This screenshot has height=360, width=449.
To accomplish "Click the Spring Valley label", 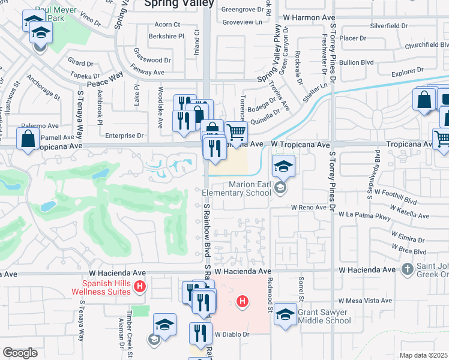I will pos(179,4).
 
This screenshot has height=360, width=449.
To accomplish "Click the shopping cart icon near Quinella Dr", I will pos(237,131).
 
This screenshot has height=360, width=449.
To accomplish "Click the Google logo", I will pos(20,353).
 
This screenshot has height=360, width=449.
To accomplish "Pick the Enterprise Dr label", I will pos(124,136).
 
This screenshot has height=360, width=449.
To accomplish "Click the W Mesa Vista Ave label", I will pos(365,301).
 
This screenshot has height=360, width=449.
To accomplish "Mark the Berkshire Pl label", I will pos(168,36).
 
